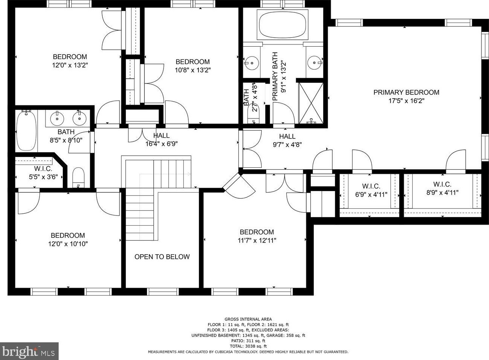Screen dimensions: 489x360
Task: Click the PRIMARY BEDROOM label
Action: (x=406, y=93)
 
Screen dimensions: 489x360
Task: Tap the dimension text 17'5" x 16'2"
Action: (x=406, y=101)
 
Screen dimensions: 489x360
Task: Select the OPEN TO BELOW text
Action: (x=162, y=257)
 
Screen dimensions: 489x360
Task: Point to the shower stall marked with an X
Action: (x=311, y=103)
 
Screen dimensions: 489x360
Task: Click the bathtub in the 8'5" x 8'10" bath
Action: (x=26, y=131)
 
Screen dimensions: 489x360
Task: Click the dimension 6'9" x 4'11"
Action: (x=371, y=194)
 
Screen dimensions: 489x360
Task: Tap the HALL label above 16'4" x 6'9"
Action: (x=161, y=136)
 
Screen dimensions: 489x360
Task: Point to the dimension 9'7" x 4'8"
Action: (x=287, y=144)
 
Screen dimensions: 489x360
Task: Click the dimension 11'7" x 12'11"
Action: (x=257, y=240)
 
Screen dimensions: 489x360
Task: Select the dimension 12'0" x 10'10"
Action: (x=68, y=244)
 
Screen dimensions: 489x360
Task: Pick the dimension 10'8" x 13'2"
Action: (x=192, y=70)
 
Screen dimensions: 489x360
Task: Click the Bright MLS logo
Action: (x=29, y=351)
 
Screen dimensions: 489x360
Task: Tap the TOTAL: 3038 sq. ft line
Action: (x=248, y=346)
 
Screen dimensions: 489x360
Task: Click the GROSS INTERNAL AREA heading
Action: (x=248, y=319)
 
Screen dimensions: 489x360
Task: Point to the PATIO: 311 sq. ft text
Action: (x=248, y=341)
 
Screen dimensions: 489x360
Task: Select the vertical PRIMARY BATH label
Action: (x=275, y=76)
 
